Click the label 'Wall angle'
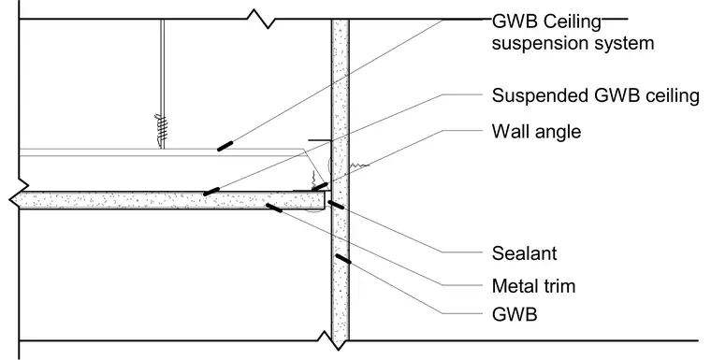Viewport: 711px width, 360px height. [536, 132]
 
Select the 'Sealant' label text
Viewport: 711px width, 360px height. [524, 253]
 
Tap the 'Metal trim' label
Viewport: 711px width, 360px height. [533, 286]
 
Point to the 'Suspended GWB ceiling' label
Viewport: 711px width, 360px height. [595, 95]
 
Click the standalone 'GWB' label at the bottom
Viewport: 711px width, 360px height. [515, 314]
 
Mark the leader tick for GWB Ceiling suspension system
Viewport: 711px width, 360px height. [225, 146]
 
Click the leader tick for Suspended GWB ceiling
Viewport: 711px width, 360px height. [211, 192]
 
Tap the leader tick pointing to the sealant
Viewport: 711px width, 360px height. [336, 205]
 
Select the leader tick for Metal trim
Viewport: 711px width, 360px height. [274, 208]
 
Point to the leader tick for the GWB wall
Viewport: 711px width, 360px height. [342, 259]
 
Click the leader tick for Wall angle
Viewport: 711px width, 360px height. [320, 186]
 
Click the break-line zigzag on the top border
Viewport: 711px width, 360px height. [262, 19]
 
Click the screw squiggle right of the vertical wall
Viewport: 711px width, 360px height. [359, 166]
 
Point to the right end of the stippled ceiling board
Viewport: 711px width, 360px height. [325, 200]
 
